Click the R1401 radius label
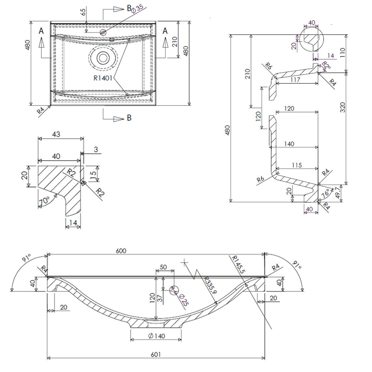(x=103, y=78)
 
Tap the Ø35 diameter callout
(x=137, y=9)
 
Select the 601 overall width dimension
(x=155, y=354)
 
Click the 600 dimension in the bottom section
(x=121, y=251)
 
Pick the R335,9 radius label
(x=210, y=285)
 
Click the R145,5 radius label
(x=238, y=264)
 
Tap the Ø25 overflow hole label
(x=184, y=299)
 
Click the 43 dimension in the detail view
(x=56, y=134)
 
